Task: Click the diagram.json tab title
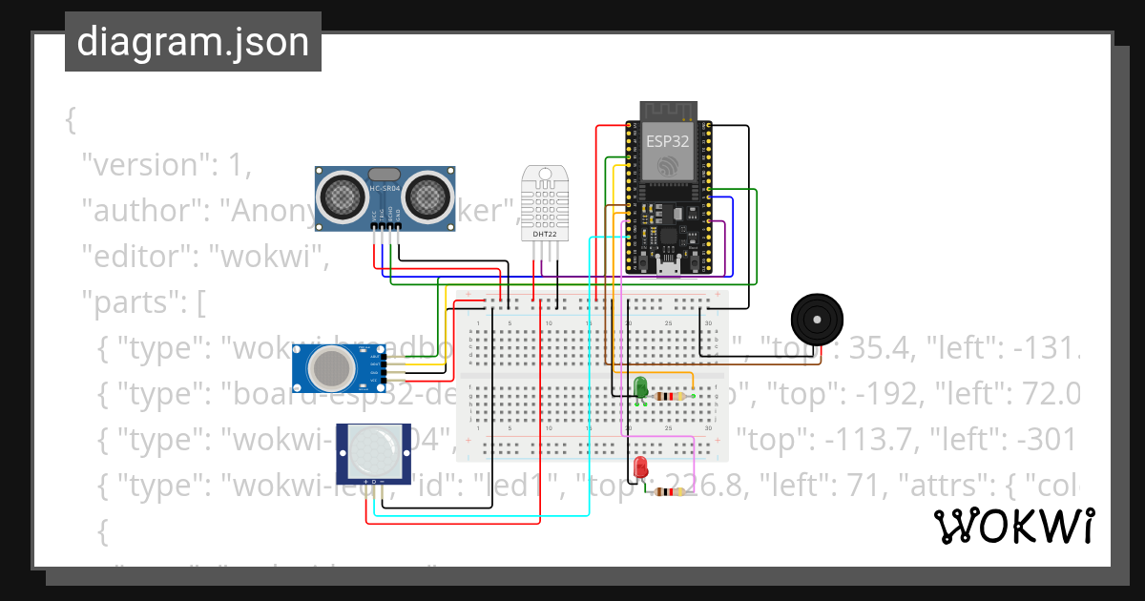point(193,43)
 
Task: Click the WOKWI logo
point(1013,526)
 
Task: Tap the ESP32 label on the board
point(667,140)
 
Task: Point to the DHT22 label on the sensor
point(544,233)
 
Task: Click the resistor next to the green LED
point(677,396)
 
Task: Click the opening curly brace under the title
point(71,120)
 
